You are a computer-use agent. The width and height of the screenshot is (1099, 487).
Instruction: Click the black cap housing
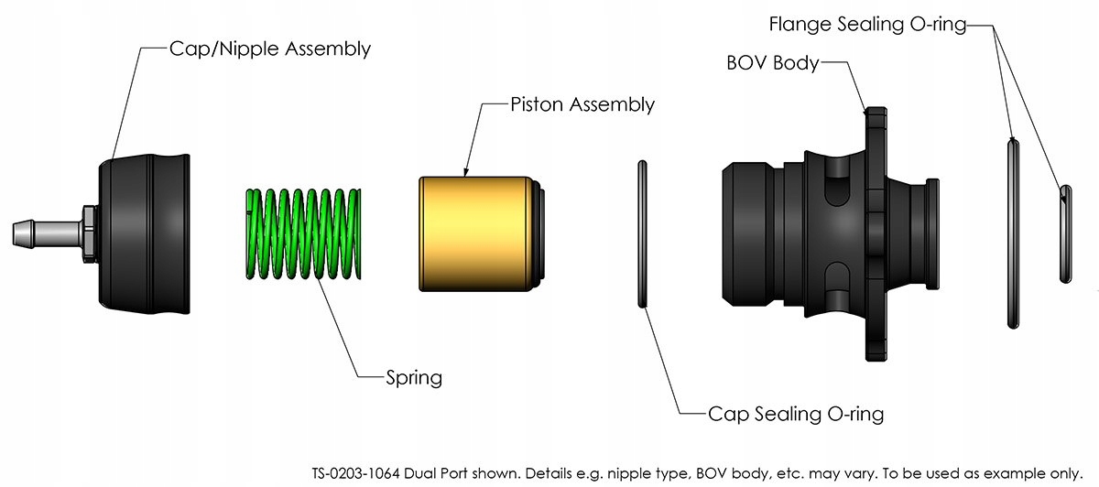(147, 233)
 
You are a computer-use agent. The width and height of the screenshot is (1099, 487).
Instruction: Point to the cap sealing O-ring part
(642, 233)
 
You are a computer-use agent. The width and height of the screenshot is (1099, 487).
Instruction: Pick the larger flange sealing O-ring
(1011, 233)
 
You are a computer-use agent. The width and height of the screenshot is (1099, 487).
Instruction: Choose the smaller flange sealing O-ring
(1064, 233)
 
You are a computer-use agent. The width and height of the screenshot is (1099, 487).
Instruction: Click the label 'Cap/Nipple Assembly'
(270, 49)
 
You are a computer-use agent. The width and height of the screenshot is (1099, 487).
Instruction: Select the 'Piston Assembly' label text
(582, 104)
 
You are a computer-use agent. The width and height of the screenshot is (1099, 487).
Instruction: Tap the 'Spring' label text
(414, 376)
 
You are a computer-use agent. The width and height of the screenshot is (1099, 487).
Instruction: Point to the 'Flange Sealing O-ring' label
(866, 25)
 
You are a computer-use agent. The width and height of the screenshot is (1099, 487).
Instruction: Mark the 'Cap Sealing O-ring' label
(795, 414)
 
